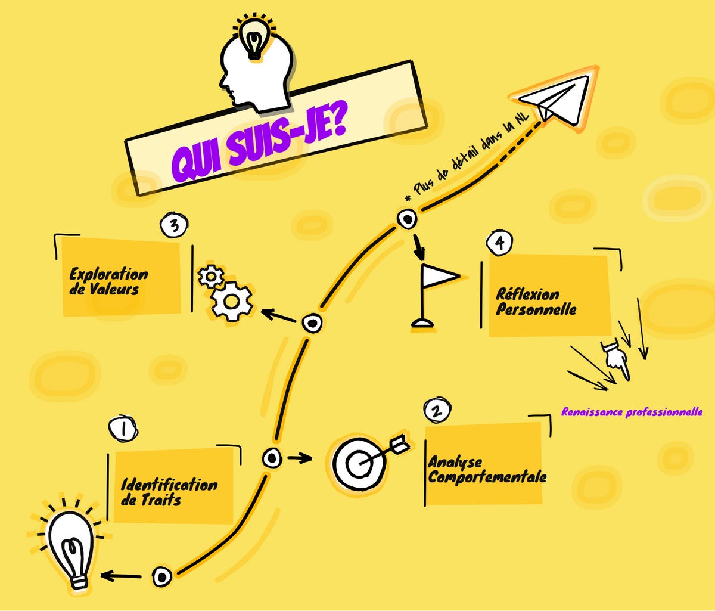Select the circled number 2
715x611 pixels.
click(437, 410)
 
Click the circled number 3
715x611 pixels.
click(174, 226)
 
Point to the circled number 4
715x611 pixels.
click(499, 242)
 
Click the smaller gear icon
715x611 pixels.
click(211, 276)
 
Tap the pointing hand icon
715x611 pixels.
click(614, 358)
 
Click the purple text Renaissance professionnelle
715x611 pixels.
click(632, 412)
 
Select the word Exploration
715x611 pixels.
click(108, 274)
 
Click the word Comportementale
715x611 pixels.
click(487, 477)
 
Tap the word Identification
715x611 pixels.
click(169, 484)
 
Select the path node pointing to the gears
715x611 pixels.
click(312, 324)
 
